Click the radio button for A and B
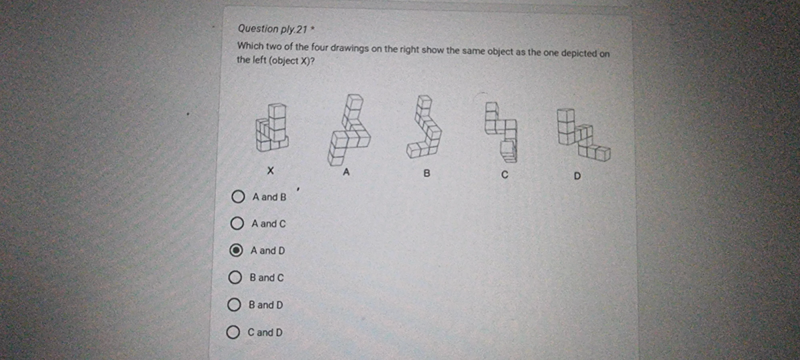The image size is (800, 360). pos(237,197)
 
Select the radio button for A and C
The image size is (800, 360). pos(237,224)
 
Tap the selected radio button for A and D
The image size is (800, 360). pos(236,251)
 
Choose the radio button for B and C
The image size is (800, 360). pos(235,277)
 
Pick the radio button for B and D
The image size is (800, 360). pos(235,305)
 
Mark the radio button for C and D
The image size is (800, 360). pos(234,332)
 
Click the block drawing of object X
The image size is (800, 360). pos(271,127)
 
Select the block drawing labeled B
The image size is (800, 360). pos(425,127)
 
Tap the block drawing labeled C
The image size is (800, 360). pos(504,131)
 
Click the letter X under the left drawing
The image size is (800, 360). pos(269,172)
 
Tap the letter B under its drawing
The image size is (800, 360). pos(427,174)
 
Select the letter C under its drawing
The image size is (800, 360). pos(505,175)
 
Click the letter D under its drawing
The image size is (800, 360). pos(577,176)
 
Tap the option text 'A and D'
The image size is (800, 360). pos(267,251)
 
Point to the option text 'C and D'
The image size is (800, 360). pos(265,332)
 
